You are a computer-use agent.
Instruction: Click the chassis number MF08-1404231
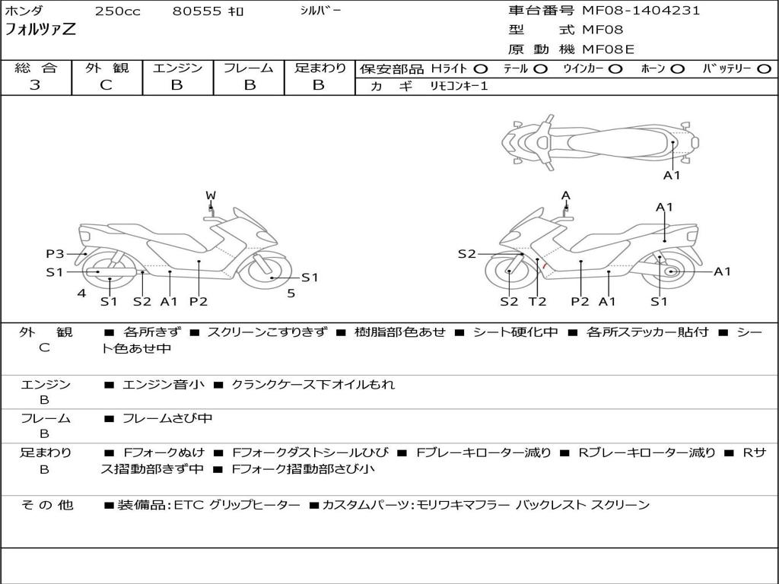[641, 11]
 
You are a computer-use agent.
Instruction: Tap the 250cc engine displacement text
[117, 11]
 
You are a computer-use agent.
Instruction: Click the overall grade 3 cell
[35, 85]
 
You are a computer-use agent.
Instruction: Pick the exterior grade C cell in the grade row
[107, 85]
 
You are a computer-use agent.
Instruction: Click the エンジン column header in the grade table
[177, 68]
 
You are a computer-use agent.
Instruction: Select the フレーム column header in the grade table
[249, 68]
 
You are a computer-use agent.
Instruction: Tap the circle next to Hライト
[481, 69]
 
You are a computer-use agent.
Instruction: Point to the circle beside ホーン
[678, 69]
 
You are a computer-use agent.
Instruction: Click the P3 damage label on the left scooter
[55, 254]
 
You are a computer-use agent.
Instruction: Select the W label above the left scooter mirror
[211, 195]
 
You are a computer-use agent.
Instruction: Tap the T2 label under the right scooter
[538, 301]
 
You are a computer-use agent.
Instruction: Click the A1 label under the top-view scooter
[672, 175]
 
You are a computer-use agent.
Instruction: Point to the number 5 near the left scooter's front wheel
[291, 293]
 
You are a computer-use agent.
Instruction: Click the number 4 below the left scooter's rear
[81, 293]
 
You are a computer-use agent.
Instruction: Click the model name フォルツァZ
[40, 30]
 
